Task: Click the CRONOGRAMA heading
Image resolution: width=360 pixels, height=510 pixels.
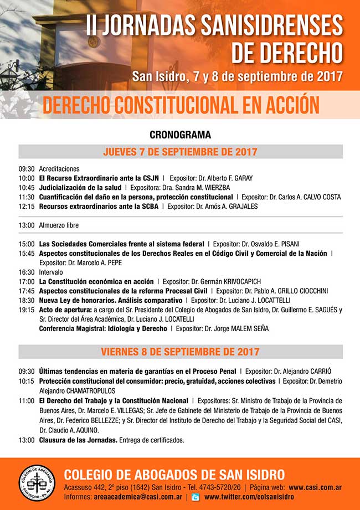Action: [180, 135]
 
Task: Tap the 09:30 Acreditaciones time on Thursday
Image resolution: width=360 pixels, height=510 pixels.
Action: [27, 169]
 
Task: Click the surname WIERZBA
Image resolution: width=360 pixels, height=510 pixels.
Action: [216, 188]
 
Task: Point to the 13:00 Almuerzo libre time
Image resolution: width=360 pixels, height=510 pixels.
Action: [27, 225]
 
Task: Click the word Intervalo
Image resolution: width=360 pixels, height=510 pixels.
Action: [51, 272]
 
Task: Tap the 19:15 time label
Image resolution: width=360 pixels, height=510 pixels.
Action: [27, 310]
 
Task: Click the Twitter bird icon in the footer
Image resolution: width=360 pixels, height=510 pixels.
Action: [196, 497]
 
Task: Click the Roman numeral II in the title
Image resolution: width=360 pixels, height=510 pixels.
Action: [92, 26]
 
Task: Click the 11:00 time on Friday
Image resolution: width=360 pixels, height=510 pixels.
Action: [27, 400]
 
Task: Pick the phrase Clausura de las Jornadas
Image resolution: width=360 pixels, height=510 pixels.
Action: [78, 440]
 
